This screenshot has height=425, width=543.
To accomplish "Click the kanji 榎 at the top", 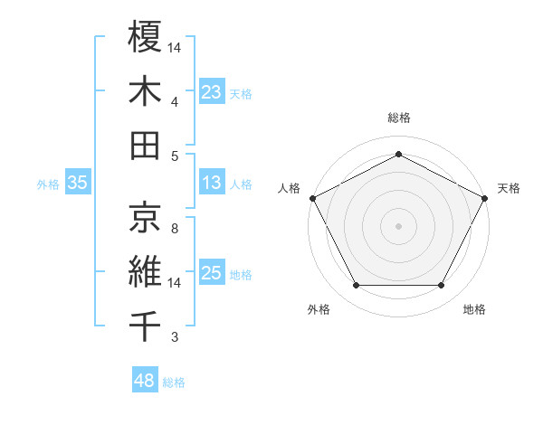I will [145, 37].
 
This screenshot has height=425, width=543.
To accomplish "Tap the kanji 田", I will [145, 146].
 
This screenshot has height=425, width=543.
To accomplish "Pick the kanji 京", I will [145, 216].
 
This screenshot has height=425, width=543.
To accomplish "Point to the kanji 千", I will [145, 326].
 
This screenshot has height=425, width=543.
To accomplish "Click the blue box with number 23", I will [212, 91].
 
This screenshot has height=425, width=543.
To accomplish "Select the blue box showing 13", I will [212, 183].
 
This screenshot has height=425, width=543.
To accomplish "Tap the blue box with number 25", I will [212, 272].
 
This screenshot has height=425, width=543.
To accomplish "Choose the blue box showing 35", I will [78, 183].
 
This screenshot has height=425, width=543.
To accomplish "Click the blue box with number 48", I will [145, 381].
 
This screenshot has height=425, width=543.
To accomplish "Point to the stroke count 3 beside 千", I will [174, 338].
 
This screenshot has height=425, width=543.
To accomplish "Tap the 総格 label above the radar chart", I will [398, 118].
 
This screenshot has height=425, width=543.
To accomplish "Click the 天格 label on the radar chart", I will [509, 188].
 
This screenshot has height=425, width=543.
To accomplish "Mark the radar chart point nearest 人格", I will [312, 197].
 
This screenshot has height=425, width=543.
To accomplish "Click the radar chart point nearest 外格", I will [356, 286].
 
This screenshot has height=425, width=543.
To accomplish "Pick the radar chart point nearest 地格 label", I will [442, 286].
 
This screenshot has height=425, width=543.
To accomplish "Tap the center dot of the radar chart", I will [398, 225].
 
